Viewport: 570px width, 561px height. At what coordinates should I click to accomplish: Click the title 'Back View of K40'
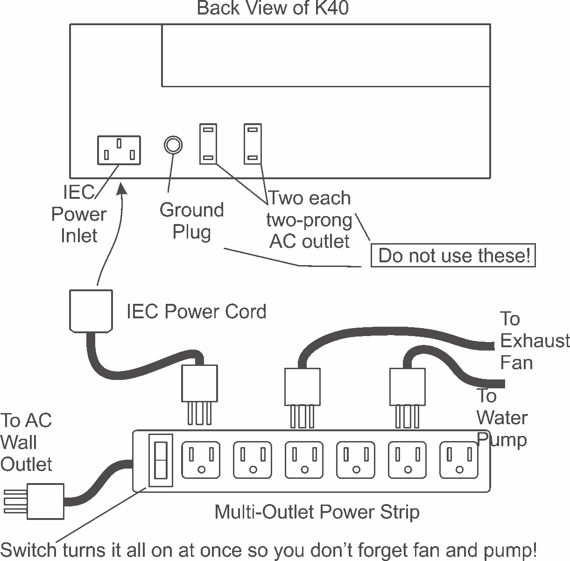coord(273,8)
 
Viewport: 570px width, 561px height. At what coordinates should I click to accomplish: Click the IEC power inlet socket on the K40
coord(119,150)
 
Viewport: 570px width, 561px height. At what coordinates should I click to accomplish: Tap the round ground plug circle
coord(173,145)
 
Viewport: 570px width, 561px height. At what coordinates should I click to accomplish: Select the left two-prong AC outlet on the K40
coord(208,144)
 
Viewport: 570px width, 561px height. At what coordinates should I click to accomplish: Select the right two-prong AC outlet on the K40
coord(253,144)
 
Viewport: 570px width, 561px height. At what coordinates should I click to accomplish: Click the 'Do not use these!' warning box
coord(453,256)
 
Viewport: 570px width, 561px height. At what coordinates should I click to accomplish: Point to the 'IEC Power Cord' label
coord(196,311)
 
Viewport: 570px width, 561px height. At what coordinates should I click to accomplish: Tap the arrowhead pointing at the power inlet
coord(122,188)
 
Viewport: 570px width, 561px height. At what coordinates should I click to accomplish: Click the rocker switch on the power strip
coord(160,460)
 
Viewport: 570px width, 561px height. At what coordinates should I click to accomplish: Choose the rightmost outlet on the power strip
coord(459,460)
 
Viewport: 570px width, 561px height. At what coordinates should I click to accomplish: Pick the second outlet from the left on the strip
coord(253,460)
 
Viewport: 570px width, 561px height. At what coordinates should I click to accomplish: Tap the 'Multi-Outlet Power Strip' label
coord(317,512)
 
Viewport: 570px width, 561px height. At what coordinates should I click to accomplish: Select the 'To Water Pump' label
coord(501,418)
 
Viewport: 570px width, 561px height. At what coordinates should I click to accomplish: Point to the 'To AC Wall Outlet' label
coord(26,442)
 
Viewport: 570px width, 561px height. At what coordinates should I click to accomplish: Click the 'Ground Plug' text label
coord(191,221)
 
